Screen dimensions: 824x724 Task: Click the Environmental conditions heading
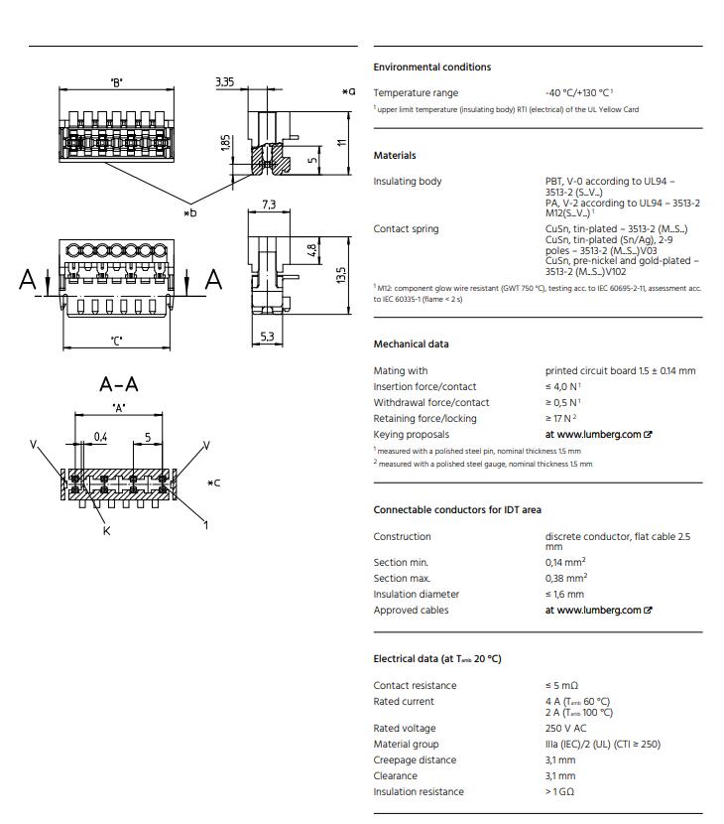[431, 68]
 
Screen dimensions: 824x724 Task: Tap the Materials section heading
[395, 156]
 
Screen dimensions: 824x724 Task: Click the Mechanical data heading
[411, 344]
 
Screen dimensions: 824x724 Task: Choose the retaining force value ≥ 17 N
[560, 419]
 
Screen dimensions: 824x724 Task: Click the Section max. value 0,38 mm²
[565, 579]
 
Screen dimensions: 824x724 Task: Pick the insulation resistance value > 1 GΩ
[559, 792]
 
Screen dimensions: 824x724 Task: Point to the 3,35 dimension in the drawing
[225, 82]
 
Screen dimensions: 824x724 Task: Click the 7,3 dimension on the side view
[268, 205]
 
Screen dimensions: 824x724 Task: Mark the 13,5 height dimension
[341, 274]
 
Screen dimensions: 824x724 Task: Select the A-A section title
[119, 383]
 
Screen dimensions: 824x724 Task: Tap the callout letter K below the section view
[106, 531]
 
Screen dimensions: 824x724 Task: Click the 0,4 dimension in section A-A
[101, 437]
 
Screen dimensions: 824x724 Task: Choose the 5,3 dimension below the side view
[267, 338]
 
